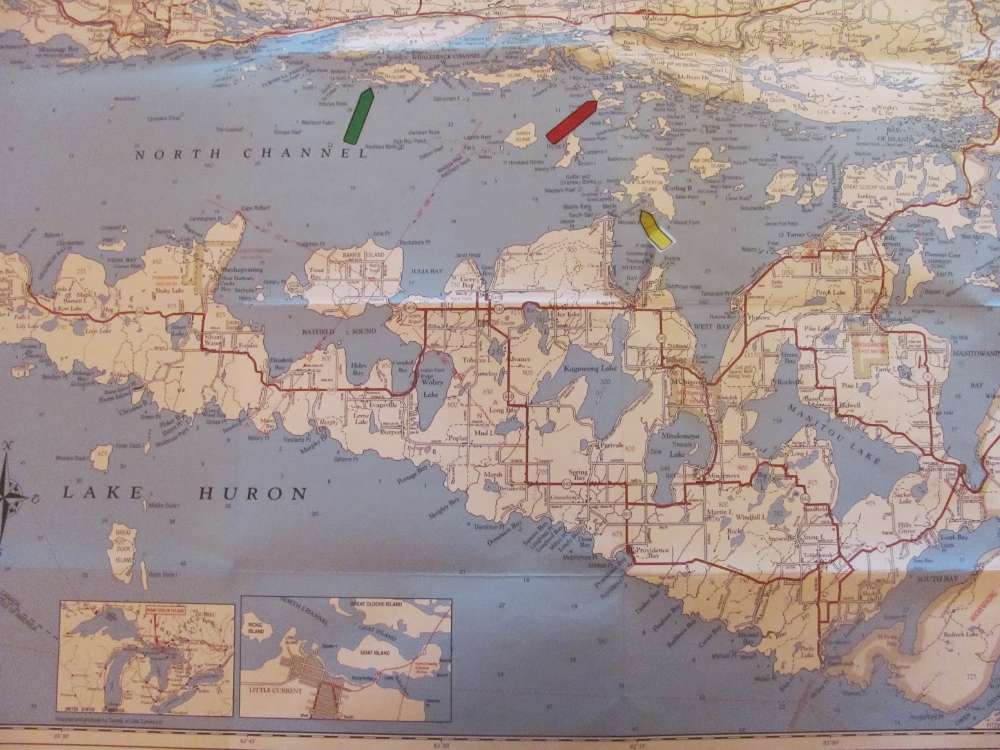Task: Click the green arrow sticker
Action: pos(358,116)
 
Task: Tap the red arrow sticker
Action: pos(570,121)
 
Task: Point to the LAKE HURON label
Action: pos(186,494)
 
